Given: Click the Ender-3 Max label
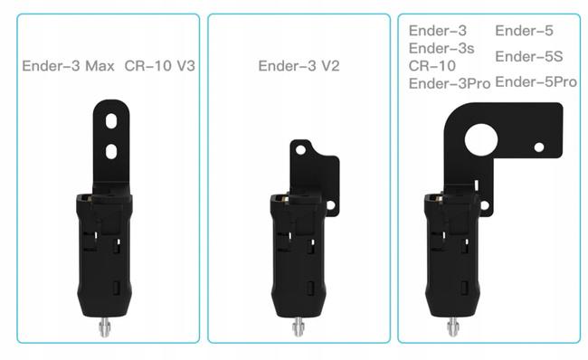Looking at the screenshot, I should (x=68, y=66).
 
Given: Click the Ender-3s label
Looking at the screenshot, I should (x=441, y=48).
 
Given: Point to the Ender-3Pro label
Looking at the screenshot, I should (x=449, y=83).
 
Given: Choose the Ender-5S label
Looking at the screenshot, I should (x=529, y=57).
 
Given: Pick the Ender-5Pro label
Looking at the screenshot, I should (x=536, y=82).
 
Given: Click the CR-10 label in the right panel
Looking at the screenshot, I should (x=433, y=65).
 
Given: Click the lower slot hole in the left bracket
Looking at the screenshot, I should (x=110, y=151).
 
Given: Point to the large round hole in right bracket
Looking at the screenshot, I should (x=479, y=138).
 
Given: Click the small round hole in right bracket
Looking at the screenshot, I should (x=538, y=147).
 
